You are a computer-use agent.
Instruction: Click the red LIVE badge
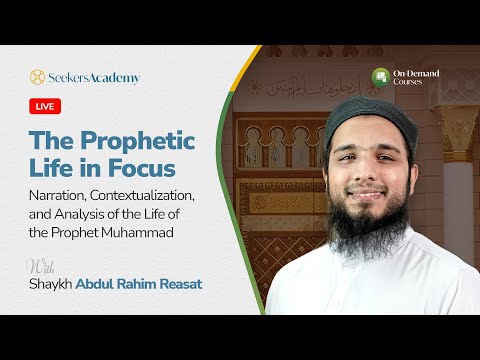tap(46, 106)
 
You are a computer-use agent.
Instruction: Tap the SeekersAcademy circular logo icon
tap(37, 77)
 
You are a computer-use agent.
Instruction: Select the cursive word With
tap(41, 266)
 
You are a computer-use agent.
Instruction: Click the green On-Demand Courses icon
tap(380, 77)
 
